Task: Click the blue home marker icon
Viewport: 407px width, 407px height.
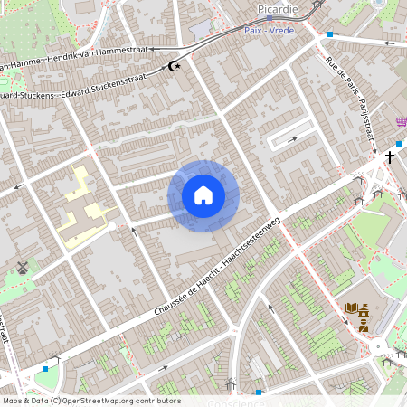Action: click(x=203, y=195)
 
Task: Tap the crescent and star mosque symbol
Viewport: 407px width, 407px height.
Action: click(x=175, y=66)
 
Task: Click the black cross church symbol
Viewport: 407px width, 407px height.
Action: click(x=390, y=157)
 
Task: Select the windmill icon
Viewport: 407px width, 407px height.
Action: click(x=24, y=268)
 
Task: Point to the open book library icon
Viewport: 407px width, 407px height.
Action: click(x=351, y=309)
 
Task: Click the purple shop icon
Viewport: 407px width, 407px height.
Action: click(x=401, y=121)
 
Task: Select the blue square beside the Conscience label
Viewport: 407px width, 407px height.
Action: click(x=259, y=393)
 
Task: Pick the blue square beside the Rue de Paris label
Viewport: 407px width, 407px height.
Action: click(x=330, y=34)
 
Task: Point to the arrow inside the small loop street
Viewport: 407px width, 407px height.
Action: click(x=291, y=139)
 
